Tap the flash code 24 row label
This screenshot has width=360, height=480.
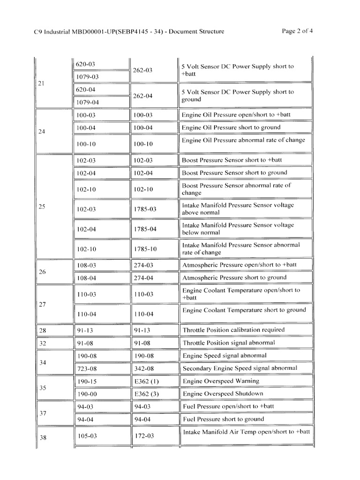(x=42, y=132)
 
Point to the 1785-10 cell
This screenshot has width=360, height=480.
(x=144, y=249)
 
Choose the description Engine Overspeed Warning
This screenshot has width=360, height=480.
(x=220, y=381)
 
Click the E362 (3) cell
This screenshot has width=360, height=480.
(x=146, y=394)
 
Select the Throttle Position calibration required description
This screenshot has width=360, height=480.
(x=233, y=330)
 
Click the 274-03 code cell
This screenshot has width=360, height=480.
(x=143, y=265)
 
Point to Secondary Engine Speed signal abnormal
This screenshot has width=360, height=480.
(x=240, y=368)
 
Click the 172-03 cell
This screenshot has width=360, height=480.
(x=143, y=436)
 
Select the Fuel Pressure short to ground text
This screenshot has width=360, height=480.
(x=223, y=419)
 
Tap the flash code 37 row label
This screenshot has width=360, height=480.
(x=42, y=413)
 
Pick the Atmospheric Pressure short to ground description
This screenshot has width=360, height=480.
(x=234, y=277)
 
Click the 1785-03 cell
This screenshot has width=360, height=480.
(x=144, y=209)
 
